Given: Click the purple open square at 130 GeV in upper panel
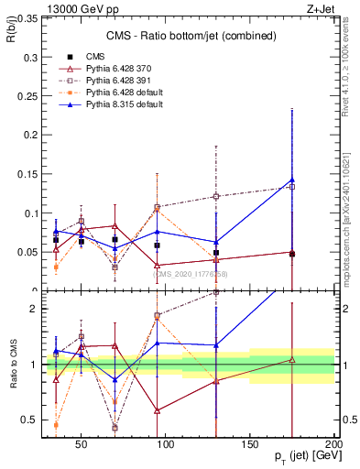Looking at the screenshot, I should (216, 196).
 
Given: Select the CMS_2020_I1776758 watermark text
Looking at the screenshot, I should (189, 274).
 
